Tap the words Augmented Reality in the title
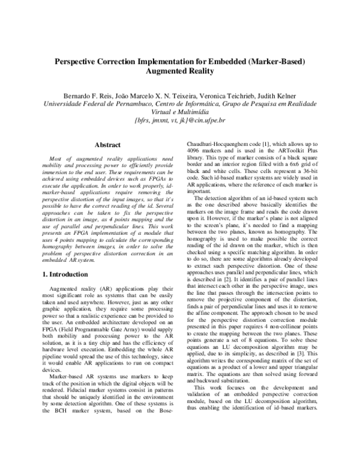pyautogui.click(x=180, y=71)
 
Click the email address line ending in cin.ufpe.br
pyautogui.click(x=180, y=120)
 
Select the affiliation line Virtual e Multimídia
pyautogui.click(x=180, y=112)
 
